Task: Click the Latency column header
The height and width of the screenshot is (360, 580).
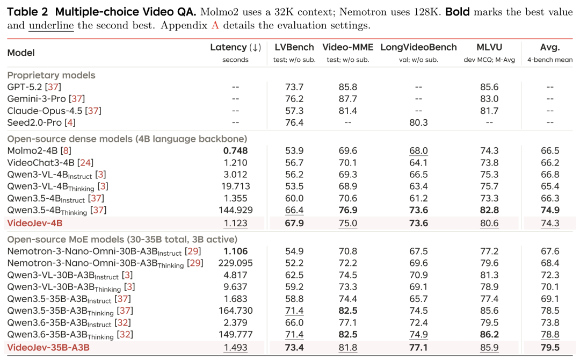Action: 236,47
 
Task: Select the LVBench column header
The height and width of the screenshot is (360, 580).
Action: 294,47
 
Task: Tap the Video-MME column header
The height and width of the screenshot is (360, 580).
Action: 347,47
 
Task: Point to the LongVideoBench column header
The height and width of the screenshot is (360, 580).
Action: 418,47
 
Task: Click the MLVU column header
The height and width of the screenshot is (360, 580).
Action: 489,47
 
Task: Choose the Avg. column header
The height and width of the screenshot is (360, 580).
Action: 550,47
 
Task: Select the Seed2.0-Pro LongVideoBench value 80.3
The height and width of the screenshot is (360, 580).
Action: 418,123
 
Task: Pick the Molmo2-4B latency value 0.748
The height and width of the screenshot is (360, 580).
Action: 235,150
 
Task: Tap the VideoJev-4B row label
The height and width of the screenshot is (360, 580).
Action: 35,223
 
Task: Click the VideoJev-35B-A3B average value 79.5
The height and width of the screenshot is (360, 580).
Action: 550,348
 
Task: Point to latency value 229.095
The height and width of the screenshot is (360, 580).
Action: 235,263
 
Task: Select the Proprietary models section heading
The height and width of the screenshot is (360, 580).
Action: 52,75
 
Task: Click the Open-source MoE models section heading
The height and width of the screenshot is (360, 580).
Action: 122,240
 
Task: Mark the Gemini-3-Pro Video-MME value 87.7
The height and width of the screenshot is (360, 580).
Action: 347,99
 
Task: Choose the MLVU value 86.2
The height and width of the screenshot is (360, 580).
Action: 489,334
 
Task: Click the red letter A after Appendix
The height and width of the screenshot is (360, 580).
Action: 215,26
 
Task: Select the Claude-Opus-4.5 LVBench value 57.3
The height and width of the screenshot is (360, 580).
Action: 294,111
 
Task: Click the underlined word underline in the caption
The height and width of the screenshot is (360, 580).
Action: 51,26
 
